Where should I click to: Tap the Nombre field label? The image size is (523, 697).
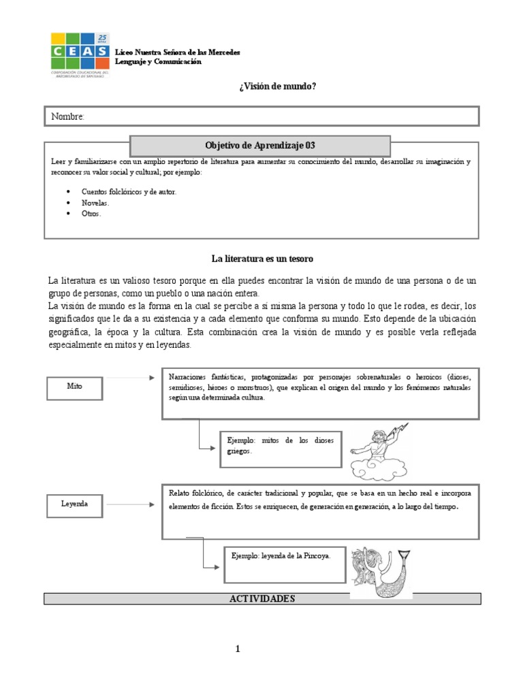click(68, 117)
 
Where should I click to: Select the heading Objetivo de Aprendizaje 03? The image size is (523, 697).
click(259, 146)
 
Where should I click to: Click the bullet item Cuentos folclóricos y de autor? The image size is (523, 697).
click(129, 192)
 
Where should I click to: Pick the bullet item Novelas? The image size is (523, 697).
click(95, 203)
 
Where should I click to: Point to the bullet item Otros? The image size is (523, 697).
click(91, 214)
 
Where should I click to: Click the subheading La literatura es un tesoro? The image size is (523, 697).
click(262, 259)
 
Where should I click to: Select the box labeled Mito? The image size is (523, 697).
click(75, 386)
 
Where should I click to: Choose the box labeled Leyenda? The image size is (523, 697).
click(75, 505)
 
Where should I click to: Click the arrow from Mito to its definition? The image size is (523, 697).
click(129, 376)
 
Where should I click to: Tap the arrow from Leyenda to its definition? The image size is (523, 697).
click(129, 504)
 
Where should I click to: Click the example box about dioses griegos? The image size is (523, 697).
click(281, 448)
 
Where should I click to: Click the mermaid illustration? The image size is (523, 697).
click(381, 572)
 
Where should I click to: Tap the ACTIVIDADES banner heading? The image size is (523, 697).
click(262, 598)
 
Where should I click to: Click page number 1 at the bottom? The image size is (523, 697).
click(238, 649)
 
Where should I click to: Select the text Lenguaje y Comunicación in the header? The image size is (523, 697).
click(159, 62)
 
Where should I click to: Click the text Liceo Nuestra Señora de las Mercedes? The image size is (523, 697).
click(177, 52)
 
